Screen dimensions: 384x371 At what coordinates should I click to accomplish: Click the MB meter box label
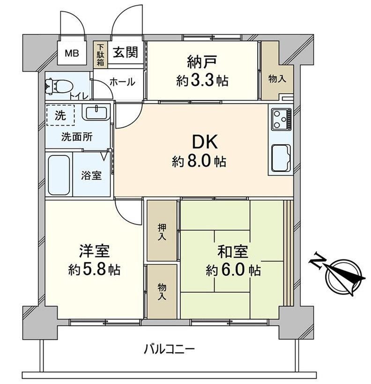coord(72,53)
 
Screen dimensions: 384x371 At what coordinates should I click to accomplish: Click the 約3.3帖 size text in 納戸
coord(202,80)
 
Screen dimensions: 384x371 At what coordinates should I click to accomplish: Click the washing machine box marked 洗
coord(60,116)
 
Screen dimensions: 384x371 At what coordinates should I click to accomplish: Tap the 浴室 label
coord(91,176)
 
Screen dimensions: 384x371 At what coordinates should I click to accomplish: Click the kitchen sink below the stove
coord(281,158)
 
